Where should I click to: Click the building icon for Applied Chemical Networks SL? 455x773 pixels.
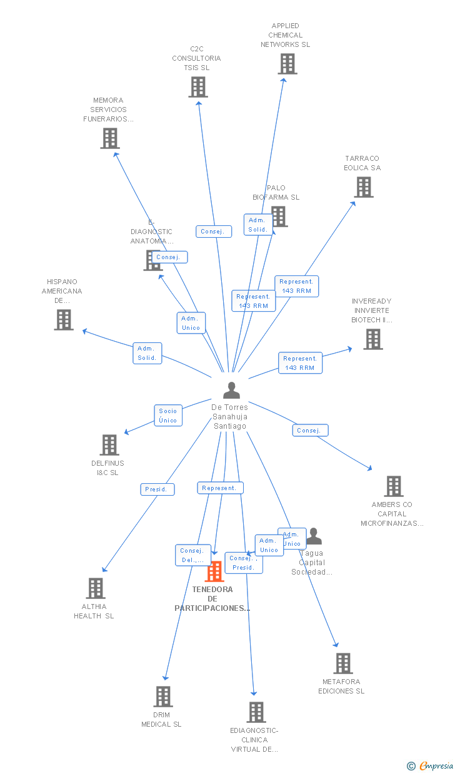[287, 64]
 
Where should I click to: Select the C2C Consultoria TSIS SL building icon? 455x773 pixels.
[198, 87]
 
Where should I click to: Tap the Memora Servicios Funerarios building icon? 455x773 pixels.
[110, 138]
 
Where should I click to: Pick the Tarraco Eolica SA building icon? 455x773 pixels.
[364, 187]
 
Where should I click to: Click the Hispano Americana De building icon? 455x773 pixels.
[64, 320]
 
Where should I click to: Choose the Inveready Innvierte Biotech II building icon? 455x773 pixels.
[373, 339]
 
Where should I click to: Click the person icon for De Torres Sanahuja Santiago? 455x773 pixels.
[231, 391]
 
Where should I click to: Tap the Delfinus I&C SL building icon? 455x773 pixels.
[109, 445]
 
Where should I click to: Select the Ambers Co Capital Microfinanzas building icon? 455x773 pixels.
[393, 486]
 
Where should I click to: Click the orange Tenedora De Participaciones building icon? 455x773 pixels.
[214, 571]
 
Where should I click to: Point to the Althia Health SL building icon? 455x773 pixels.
[96, 588]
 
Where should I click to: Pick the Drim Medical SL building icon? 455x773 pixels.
[162, 697]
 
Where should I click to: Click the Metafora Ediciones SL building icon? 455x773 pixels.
[342, 663]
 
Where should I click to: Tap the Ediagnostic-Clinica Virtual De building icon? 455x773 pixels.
[256, 712]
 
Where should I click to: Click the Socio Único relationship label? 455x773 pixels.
[168, 416]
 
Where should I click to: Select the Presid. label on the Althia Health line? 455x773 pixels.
[157, 489]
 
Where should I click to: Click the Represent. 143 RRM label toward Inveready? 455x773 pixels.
[300, 363]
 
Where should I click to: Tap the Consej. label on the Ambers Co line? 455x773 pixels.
[309, 431]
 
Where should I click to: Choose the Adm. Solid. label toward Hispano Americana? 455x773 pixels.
[147, 353]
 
